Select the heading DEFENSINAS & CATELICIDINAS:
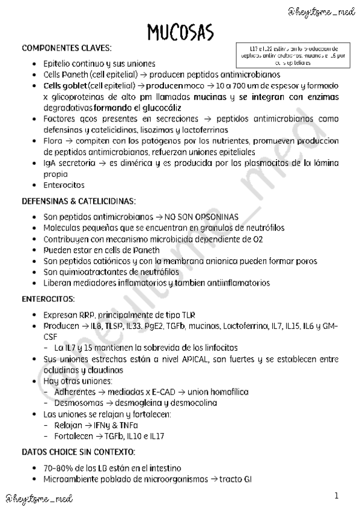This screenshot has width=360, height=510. pyautogui.click(x=79, y=200)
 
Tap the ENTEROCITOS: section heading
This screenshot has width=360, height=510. pyautogui.click(x=48, y=298)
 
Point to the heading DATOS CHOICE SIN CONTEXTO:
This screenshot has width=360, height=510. pyautogui.click(x=78, y=452)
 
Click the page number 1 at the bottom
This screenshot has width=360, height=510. pyautogui.click(x=337, y=496)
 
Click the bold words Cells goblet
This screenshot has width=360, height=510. pyautogui.click(x=65, y=85)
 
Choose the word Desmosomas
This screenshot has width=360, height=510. pyautogui.click(x=78, y=403)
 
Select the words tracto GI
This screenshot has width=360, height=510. pyautogui.click(x=234, y=479)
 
